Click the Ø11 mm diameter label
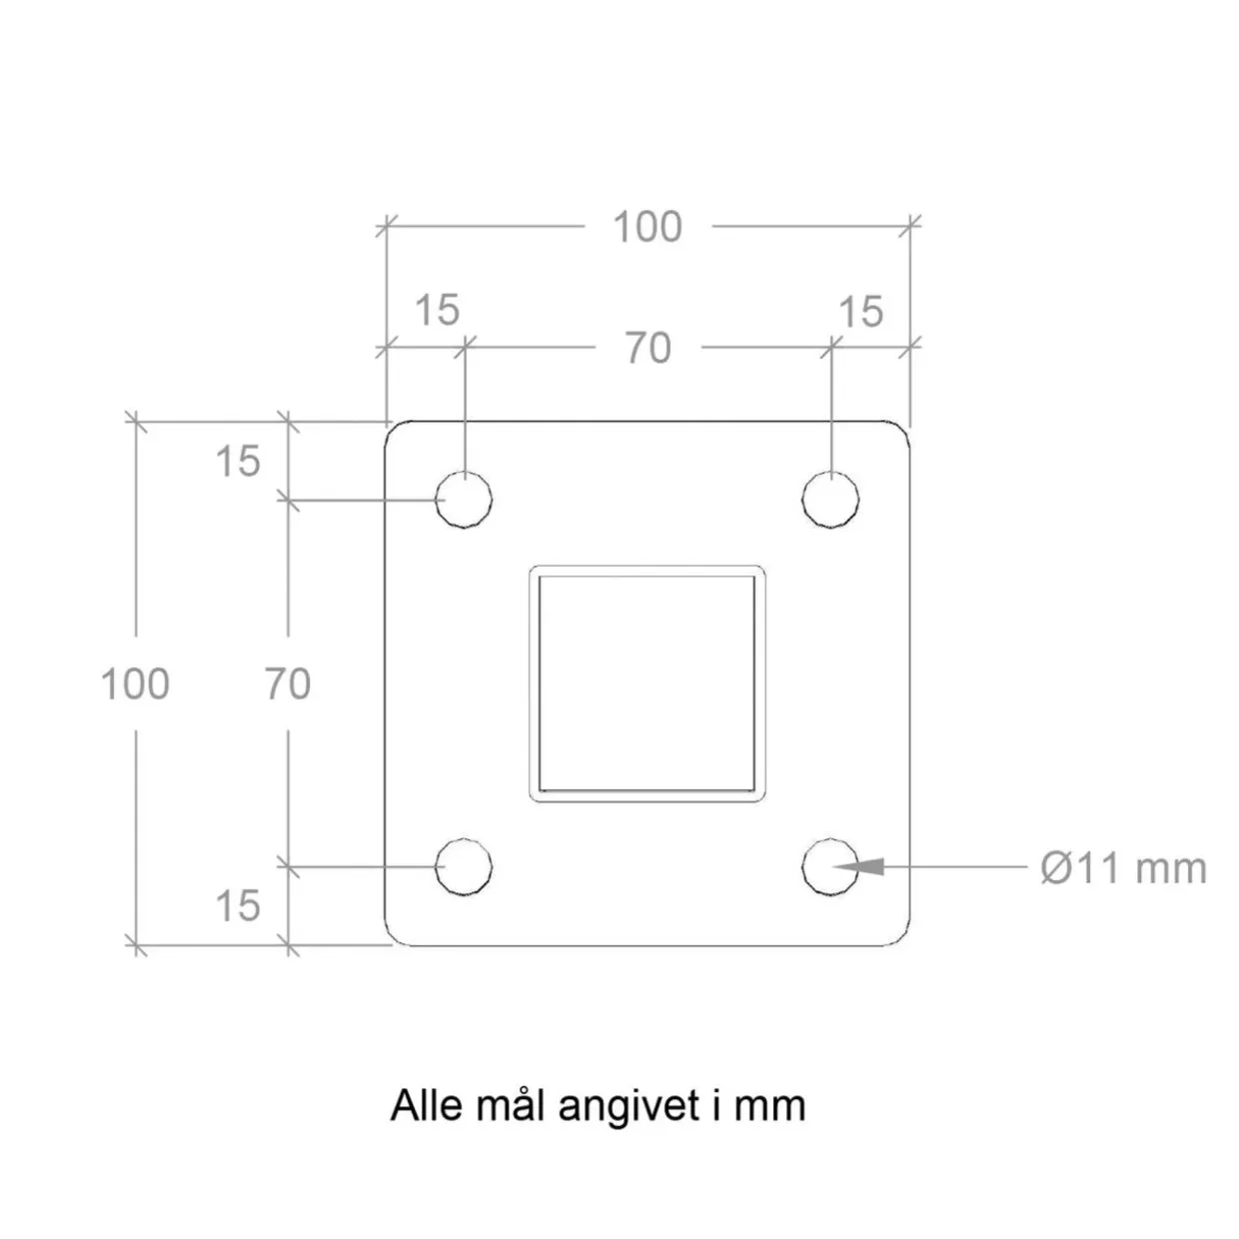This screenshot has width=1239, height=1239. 1123,869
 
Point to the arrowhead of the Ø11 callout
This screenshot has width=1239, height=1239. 833,866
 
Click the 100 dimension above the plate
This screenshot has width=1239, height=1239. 647,227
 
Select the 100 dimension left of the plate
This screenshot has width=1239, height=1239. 136,683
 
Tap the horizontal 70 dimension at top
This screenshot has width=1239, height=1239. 648,348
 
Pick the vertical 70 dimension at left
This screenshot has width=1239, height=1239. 288,683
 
